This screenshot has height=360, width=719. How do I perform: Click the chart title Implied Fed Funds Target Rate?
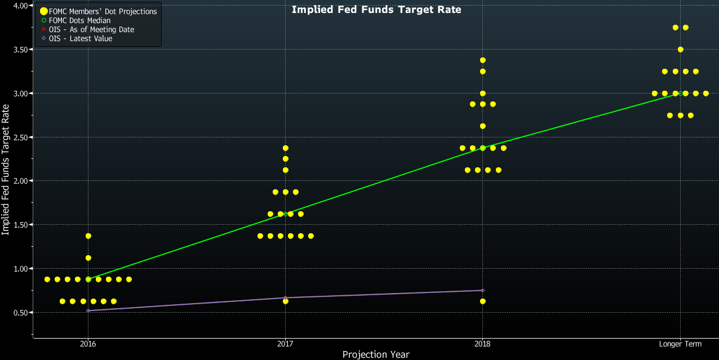[x=376, y=10]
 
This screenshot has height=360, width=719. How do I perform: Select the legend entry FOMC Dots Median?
[x=83, y=20]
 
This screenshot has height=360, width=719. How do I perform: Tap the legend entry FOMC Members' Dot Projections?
[x=103, y=11]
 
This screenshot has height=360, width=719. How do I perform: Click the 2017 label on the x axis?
[x=285, y=344]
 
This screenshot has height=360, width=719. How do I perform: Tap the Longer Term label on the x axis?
[x=680, y=344]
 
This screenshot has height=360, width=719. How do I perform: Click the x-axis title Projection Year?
[x=376, y=354]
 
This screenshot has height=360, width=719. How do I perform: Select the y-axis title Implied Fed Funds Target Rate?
[x=6, y=180]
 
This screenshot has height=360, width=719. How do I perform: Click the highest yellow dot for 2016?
[x=88, y=236]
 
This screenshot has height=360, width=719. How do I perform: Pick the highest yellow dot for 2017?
[x=286, y=148]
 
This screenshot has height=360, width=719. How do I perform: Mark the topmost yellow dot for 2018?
[x=482, y=60]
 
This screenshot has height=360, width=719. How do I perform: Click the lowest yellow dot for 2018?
[x=482, y=301]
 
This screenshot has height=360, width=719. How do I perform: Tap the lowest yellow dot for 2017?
[x=286, y=301]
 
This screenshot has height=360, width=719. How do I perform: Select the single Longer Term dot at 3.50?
[x=681, y=50]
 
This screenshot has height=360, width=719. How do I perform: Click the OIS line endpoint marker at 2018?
[x=482, y=291]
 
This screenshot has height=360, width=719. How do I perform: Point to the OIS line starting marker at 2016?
[x=88, y=310]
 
